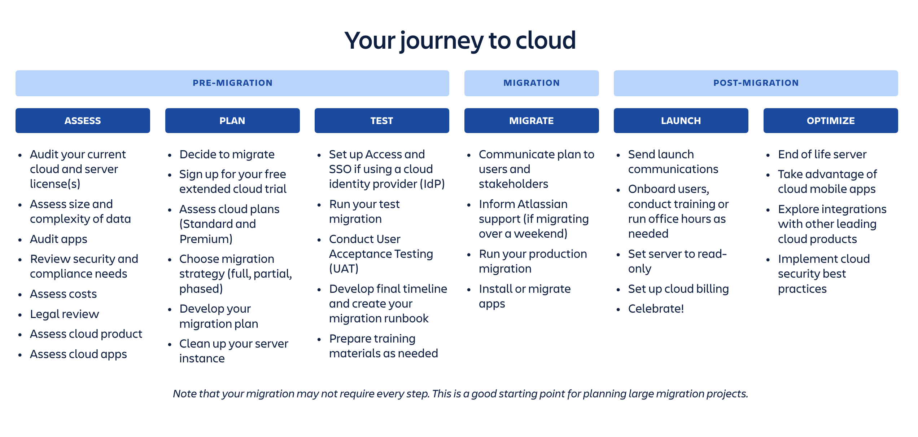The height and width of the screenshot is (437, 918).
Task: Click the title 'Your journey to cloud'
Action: (x=460, y=40)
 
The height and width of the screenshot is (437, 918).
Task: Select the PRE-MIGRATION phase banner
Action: (x=232, y=83)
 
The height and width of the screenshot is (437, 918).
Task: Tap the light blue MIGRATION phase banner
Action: (x=531, y=83)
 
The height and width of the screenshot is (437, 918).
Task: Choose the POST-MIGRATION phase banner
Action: (x=756, y=83)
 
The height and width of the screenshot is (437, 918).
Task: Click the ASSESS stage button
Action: (x=83, y=120)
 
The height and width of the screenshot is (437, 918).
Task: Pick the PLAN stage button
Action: (x=232, y=120)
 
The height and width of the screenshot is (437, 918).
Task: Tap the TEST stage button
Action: (x=381, y=120)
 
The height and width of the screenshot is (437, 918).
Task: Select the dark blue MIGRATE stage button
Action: (x=531, y=120)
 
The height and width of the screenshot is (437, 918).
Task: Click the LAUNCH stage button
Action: (x=681, y=120)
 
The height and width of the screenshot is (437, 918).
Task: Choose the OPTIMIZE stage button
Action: (x=830, y=120)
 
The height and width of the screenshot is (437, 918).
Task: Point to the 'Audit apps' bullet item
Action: (x=58, y=239)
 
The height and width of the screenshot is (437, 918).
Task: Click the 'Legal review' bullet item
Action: (x=64, y=314)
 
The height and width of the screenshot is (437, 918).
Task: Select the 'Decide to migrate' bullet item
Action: (x=227, y=154)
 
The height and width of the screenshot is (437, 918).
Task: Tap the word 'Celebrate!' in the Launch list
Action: (x=656, y=309)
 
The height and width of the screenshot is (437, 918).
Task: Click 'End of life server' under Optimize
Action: (x=822, y=154)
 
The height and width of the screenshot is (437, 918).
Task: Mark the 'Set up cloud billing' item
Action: (x=678, y=289)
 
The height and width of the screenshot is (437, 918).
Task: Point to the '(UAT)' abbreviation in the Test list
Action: (x=344, y=269)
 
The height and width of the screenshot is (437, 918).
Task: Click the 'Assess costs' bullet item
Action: (x=63, y=294)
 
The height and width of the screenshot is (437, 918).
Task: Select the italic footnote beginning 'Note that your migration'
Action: (x=460, y=393)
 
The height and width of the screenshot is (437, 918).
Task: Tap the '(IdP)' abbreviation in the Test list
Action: (x=432, y=184)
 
